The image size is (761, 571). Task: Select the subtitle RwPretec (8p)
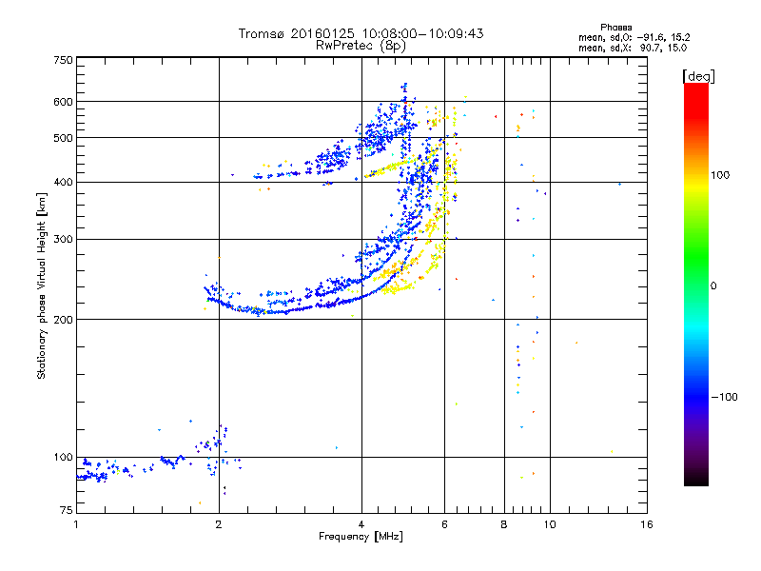point(361,46)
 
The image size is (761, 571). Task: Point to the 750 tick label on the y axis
point(63,60)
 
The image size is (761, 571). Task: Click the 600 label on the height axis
point(63,102)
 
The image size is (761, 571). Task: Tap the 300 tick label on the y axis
point(63,240)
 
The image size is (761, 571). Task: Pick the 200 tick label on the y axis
point(63,320)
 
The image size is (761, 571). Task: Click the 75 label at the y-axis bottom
point(67,510)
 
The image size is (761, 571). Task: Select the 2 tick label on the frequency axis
point(219,524)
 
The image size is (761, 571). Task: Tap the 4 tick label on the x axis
point(361,524)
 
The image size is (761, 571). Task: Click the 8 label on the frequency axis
point(504,524)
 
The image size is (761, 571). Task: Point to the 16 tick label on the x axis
point(647,524)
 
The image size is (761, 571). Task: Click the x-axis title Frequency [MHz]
point(361,537)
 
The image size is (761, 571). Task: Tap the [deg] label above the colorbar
point(698,76)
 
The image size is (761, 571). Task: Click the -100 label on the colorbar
point(725,397)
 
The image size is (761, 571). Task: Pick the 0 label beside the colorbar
point(713,286)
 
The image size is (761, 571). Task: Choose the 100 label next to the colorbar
point(720,175)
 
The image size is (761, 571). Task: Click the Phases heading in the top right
point(615,28)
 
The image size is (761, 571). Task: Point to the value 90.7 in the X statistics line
point(651,49)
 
